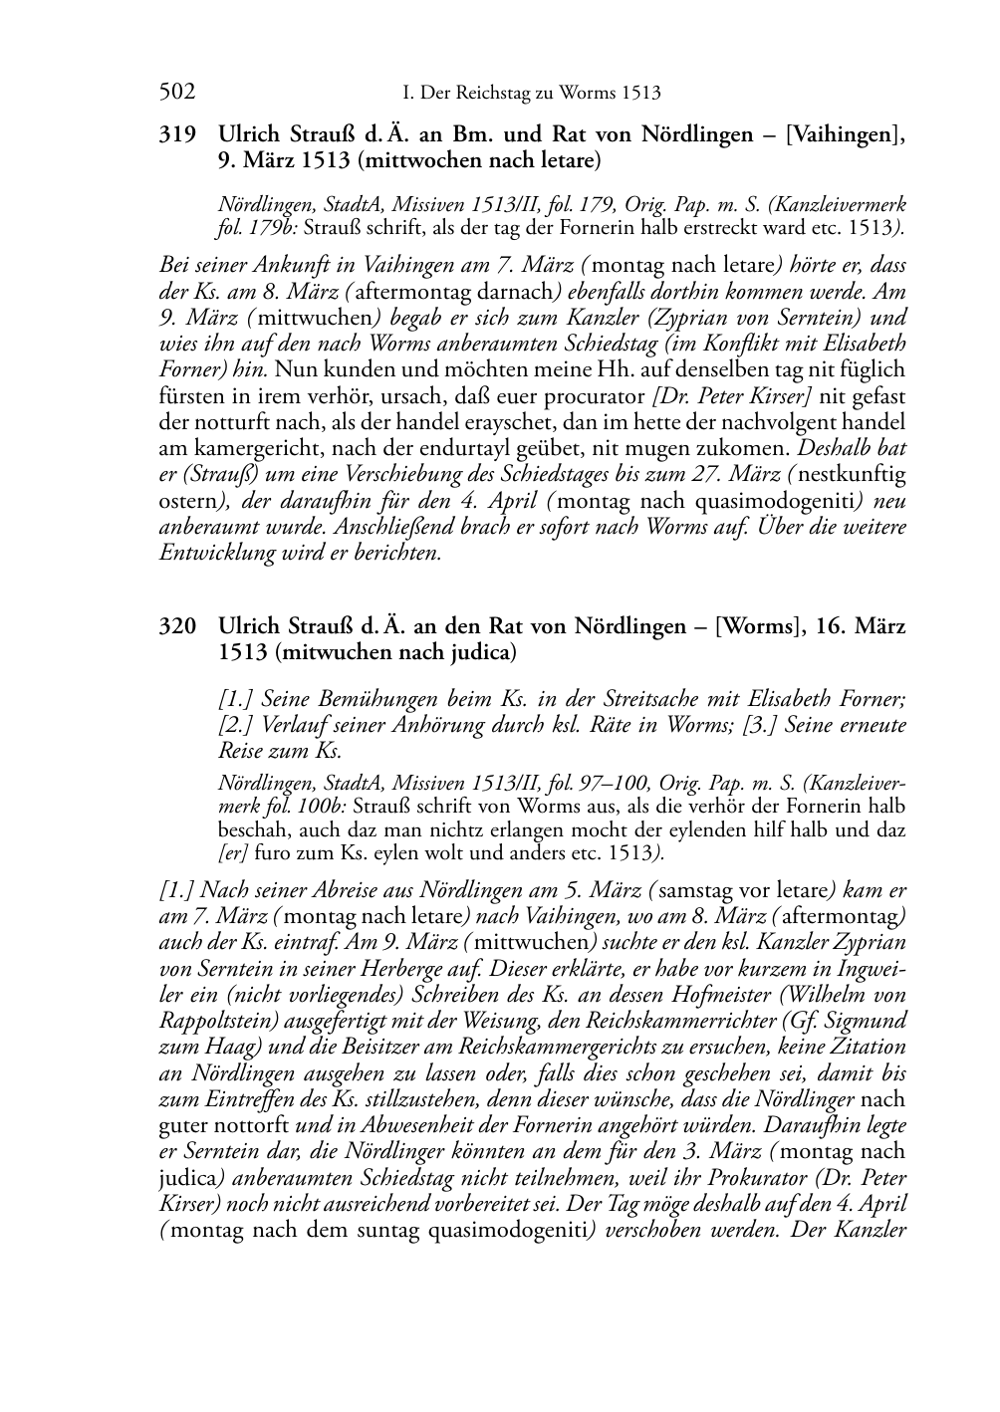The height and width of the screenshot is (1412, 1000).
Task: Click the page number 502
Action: pos(177,94)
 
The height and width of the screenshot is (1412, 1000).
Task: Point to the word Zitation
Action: pos(867,1047)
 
